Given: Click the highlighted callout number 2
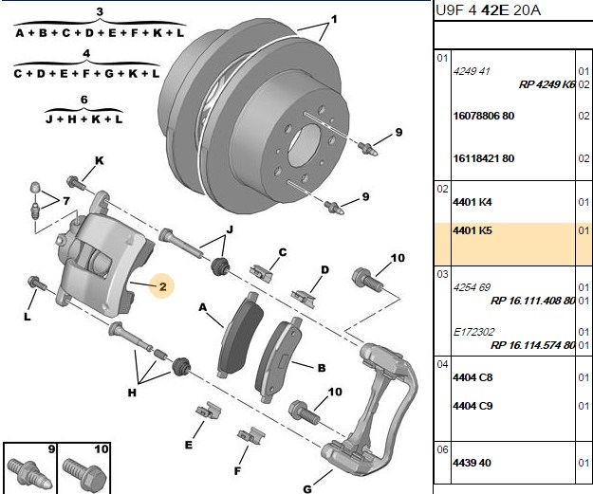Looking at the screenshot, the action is coord(162,286).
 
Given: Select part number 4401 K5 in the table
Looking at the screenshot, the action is coord(473,230).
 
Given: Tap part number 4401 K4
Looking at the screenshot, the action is coord(473,202).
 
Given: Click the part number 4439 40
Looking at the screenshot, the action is coord(472,463).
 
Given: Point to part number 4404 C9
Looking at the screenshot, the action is coord(473,406).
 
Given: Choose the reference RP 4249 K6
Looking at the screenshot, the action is coord(547,84).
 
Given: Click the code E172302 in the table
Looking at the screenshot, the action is coord(473,332).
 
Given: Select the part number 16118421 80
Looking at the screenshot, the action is coord(484,158).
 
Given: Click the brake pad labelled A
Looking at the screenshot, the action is coord(241,334).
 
